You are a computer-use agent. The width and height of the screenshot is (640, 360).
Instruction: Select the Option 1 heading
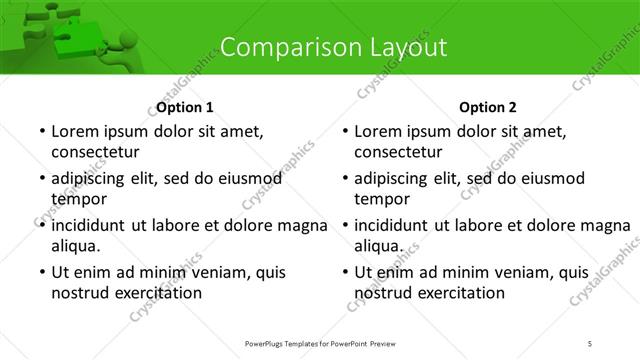185,107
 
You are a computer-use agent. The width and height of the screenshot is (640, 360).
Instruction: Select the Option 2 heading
489,107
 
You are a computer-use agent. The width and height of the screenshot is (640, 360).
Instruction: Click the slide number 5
590,343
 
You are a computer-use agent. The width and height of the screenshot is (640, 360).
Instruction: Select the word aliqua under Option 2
379,245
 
